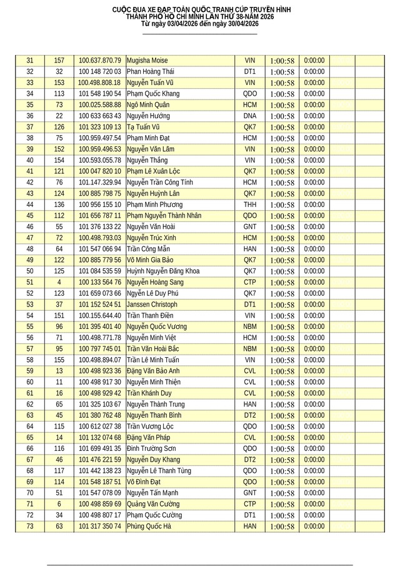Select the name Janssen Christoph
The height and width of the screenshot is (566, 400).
pos(151,305)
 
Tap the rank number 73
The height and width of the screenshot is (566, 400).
pos(30,527)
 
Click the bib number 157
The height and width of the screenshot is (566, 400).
pos(59,61)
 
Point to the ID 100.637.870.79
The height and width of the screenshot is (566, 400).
pos(99,61)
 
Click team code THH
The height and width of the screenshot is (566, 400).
pos(250,205)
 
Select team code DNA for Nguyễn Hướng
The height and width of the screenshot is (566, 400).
pos(250,116)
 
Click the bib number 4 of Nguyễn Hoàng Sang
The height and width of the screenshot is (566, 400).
pos(59,283)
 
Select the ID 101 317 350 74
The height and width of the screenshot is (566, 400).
pos(100,527)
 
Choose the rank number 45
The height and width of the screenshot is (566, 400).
pos(30,216)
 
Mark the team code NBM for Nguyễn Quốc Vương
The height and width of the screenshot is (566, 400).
pos(250,327)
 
